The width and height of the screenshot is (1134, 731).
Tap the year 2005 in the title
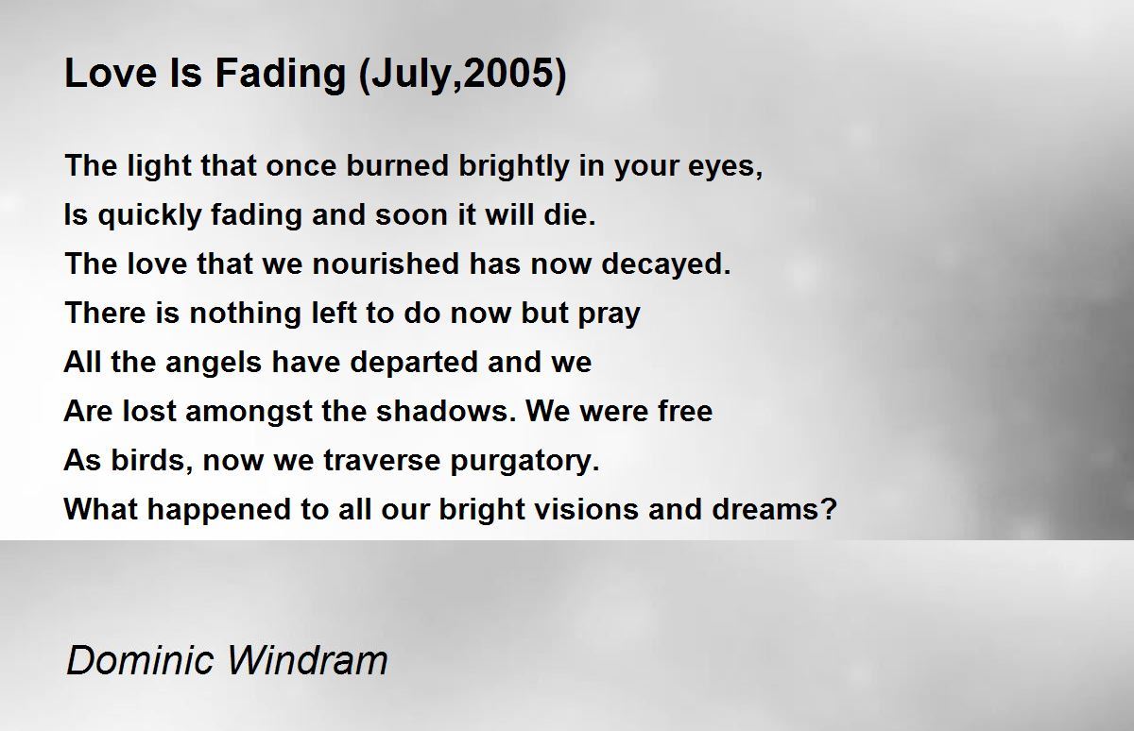click(508, 74)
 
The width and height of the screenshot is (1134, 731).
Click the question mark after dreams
click(831, 509)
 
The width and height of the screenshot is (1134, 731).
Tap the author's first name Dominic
click(140, 659)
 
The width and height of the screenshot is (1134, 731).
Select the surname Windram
click(307, 659)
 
